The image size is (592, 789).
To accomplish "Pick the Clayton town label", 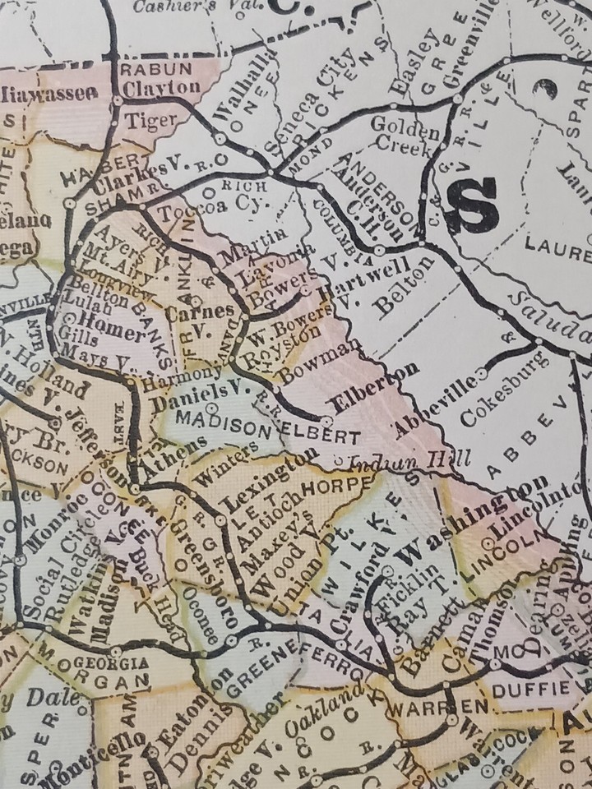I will click(161, 87).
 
